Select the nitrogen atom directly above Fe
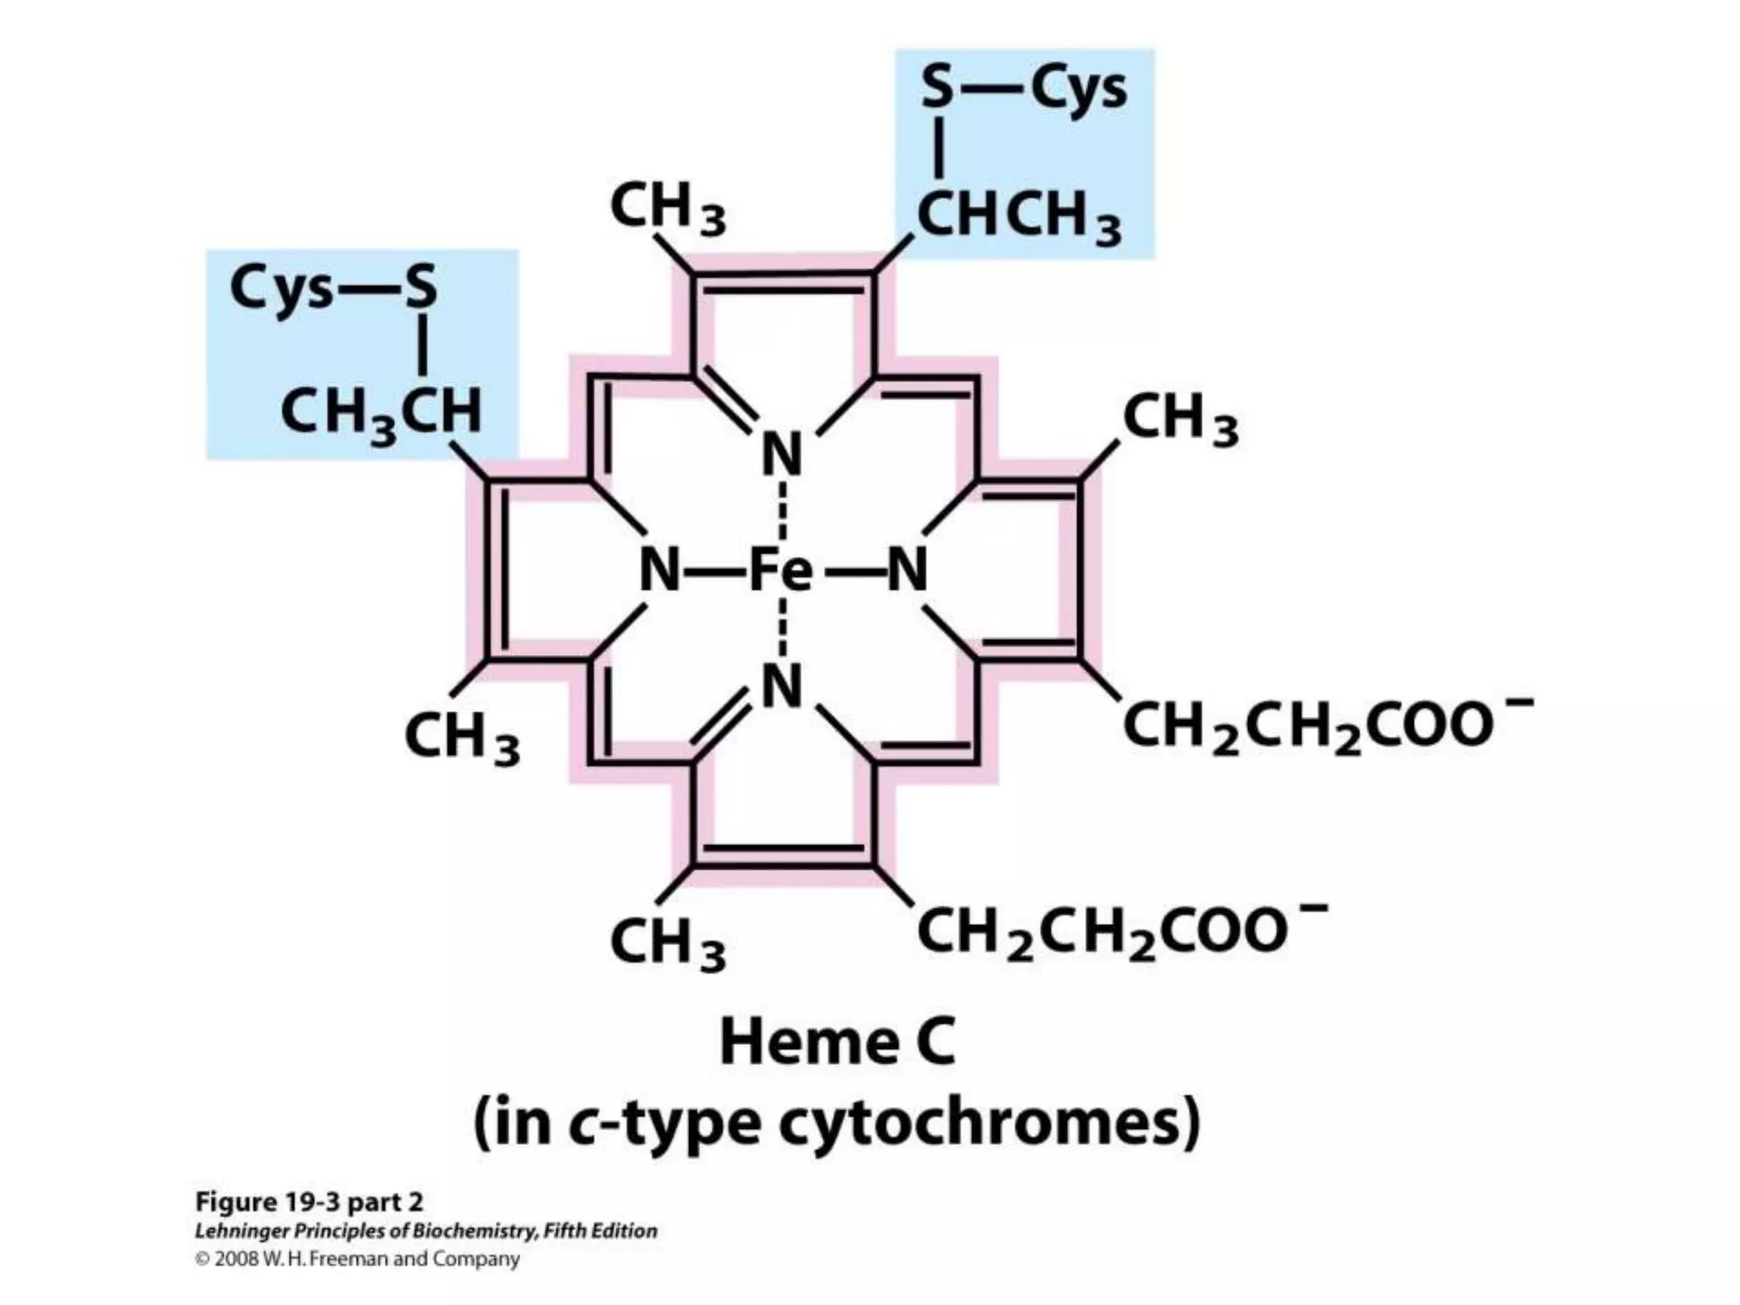point(782,454)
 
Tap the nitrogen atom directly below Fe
point(782,686)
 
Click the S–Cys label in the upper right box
point(1024,89)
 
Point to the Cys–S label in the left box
point(333,287)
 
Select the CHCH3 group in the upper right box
point(1019,216)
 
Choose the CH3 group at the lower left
point(462,737)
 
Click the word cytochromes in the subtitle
point(990,1124)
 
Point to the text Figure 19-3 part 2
point(309,1202)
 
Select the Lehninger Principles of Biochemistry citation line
point(426,1231)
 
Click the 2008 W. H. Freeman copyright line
point(358,1258)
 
